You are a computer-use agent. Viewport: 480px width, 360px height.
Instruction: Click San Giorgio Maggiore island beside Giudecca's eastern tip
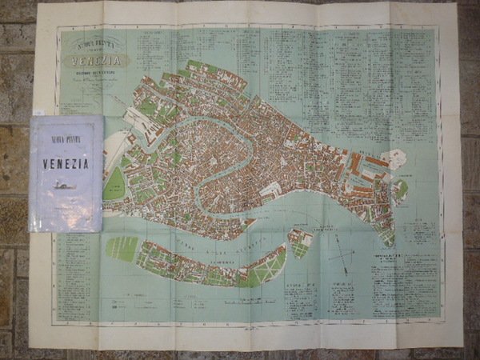click(x=299, y=242)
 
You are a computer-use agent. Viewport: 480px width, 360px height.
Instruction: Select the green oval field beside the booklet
click(x=114, y=184)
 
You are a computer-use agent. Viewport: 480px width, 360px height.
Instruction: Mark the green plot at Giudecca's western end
click(x=122, y=248)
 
